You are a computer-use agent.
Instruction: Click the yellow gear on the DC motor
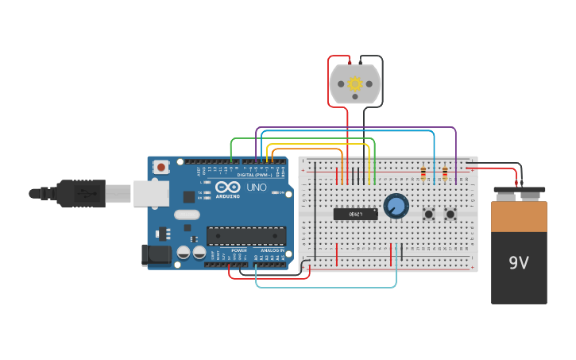(355, 83)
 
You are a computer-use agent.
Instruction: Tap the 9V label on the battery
(518, 261)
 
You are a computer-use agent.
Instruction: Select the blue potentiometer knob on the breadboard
(396, 206)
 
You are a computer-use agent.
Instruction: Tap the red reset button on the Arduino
(161, 167)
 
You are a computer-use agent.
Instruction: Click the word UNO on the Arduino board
(257, 188)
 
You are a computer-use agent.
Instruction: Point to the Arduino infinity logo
(226, 187)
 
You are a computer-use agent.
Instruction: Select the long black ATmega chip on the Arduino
(245, 236)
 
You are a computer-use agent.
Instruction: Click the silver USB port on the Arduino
(150, 193)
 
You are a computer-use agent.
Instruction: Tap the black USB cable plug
(79, 192)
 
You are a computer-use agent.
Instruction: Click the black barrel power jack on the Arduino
(156, 254)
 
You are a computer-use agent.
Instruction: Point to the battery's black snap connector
(519, 191)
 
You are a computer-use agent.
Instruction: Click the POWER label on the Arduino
(238, 250)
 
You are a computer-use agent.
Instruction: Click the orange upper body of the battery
(519, 216)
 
